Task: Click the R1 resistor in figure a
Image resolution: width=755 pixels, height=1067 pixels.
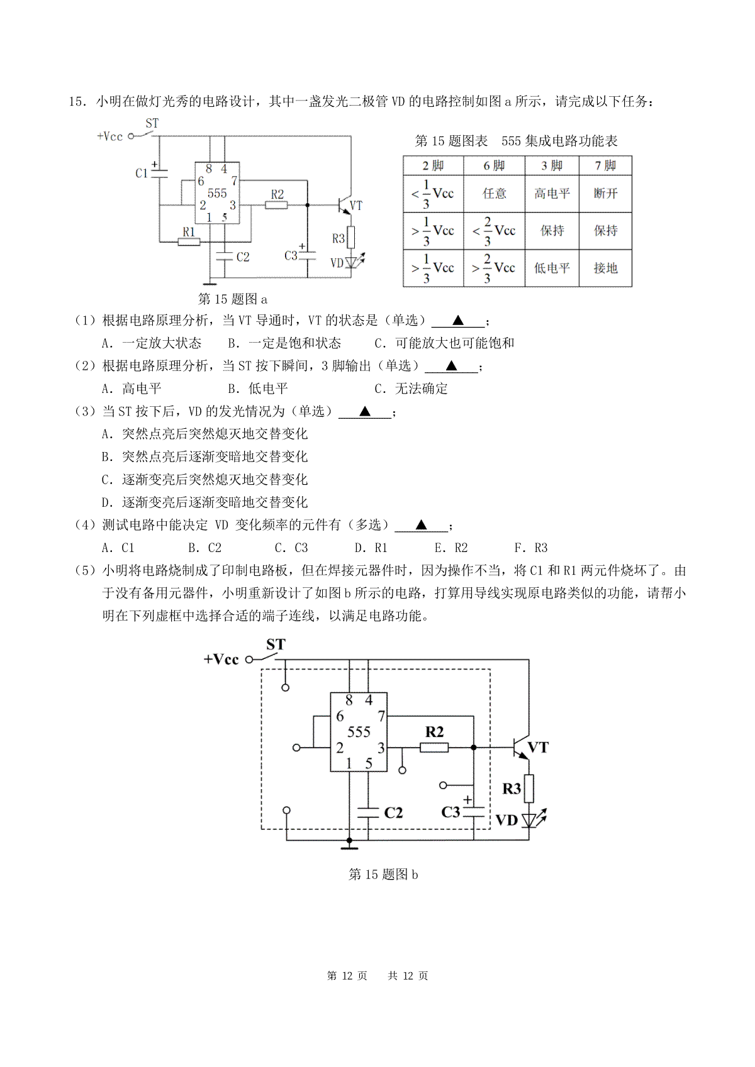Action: (x=189, y=242)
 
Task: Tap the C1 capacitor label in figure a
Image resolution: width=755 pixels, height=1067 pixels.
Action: (x=141, y=173)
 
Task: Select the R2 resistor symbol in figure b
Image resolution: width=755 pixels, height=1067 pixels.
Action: (x=433, y=748)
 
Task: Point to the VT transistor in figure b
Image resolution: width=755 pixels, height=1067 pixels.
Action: (x=522, y=748)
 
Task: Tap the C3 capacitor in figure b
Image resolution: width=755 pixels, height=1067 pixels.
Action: (x=474, y=812)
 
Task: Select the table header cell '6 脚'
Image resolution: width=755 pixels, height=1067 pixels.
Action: (x=494, y=165)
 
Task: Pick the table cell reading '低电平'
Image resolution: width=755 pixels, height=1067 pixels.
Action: (x=552, y=268)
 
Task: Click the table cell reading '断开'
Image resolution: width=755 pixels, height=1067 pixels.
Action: (x=605, y=194)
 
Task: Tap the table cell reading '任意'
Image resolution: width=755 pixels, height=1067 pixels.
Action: (x=494, y=194)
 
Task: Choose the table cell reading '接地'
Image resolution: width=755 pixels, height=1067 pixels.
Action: (x=605, y=268)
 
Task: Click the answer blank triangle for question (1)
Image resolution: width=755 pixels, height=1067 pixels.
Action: (x=457, y=320)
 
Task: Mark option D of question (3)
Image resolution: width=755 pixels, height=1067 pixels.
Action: (x=204, y=502)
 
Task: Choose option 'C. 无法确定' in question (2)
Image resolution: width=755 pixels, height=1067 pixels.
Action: (x=411, y=389)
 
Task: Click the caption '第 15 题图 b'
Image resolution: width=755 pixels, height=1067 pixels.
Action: (x=383, y=875)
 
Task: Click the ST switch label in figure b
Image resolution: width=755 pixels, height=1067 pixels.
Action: (x=276, y=644)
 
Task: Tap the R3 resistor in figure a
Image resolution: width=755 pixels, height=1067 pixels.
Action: (x=351, y=237)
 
